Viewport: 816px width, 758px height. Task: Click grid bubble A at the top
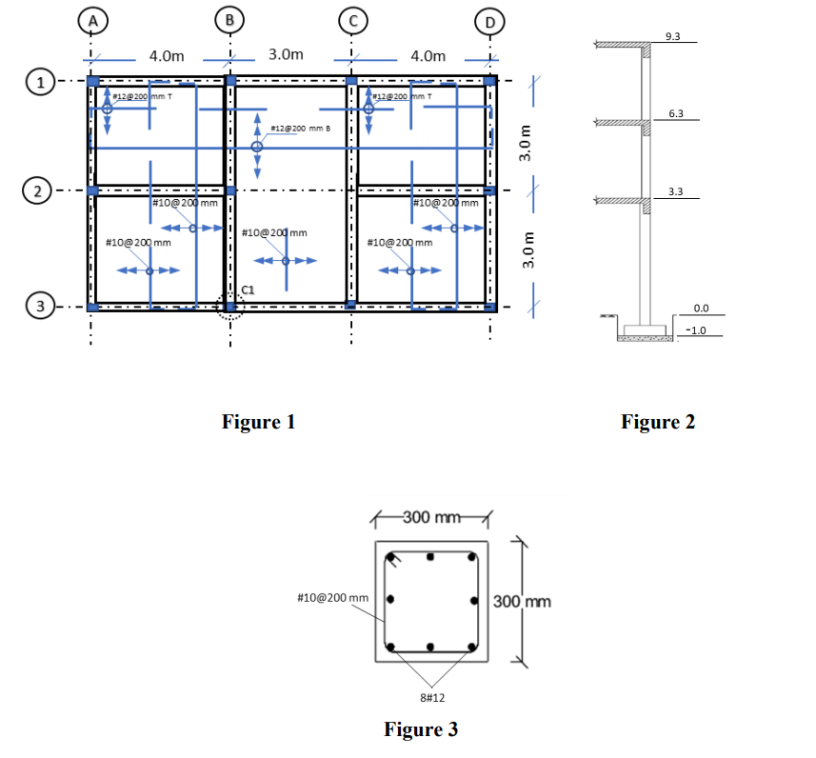[91, 19]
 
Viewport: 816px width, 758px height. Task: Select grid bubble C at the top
[352, 19]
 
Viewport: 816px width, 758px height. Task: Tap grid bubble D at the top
[490, 22]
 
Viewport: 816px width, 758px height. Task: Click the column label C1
[247, 289]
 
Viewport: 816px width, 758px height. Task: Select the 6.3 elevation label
[675, 113]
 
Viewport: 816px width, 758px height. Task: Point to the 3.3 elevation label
[675, 191]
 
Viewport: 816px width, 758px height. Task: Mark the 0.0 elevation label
[701, 309]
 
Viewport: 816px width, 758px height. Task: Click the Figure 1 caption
[258, 421]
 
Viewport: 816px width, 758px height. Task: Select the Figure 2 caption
[658, 421]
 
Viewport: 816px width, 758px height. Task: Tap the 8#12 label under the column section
[431, 698]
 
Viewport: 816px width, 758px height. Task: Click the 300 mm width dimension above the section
[431, 517]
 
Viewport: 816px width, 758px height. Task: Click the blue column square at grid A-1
[92, 82]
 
